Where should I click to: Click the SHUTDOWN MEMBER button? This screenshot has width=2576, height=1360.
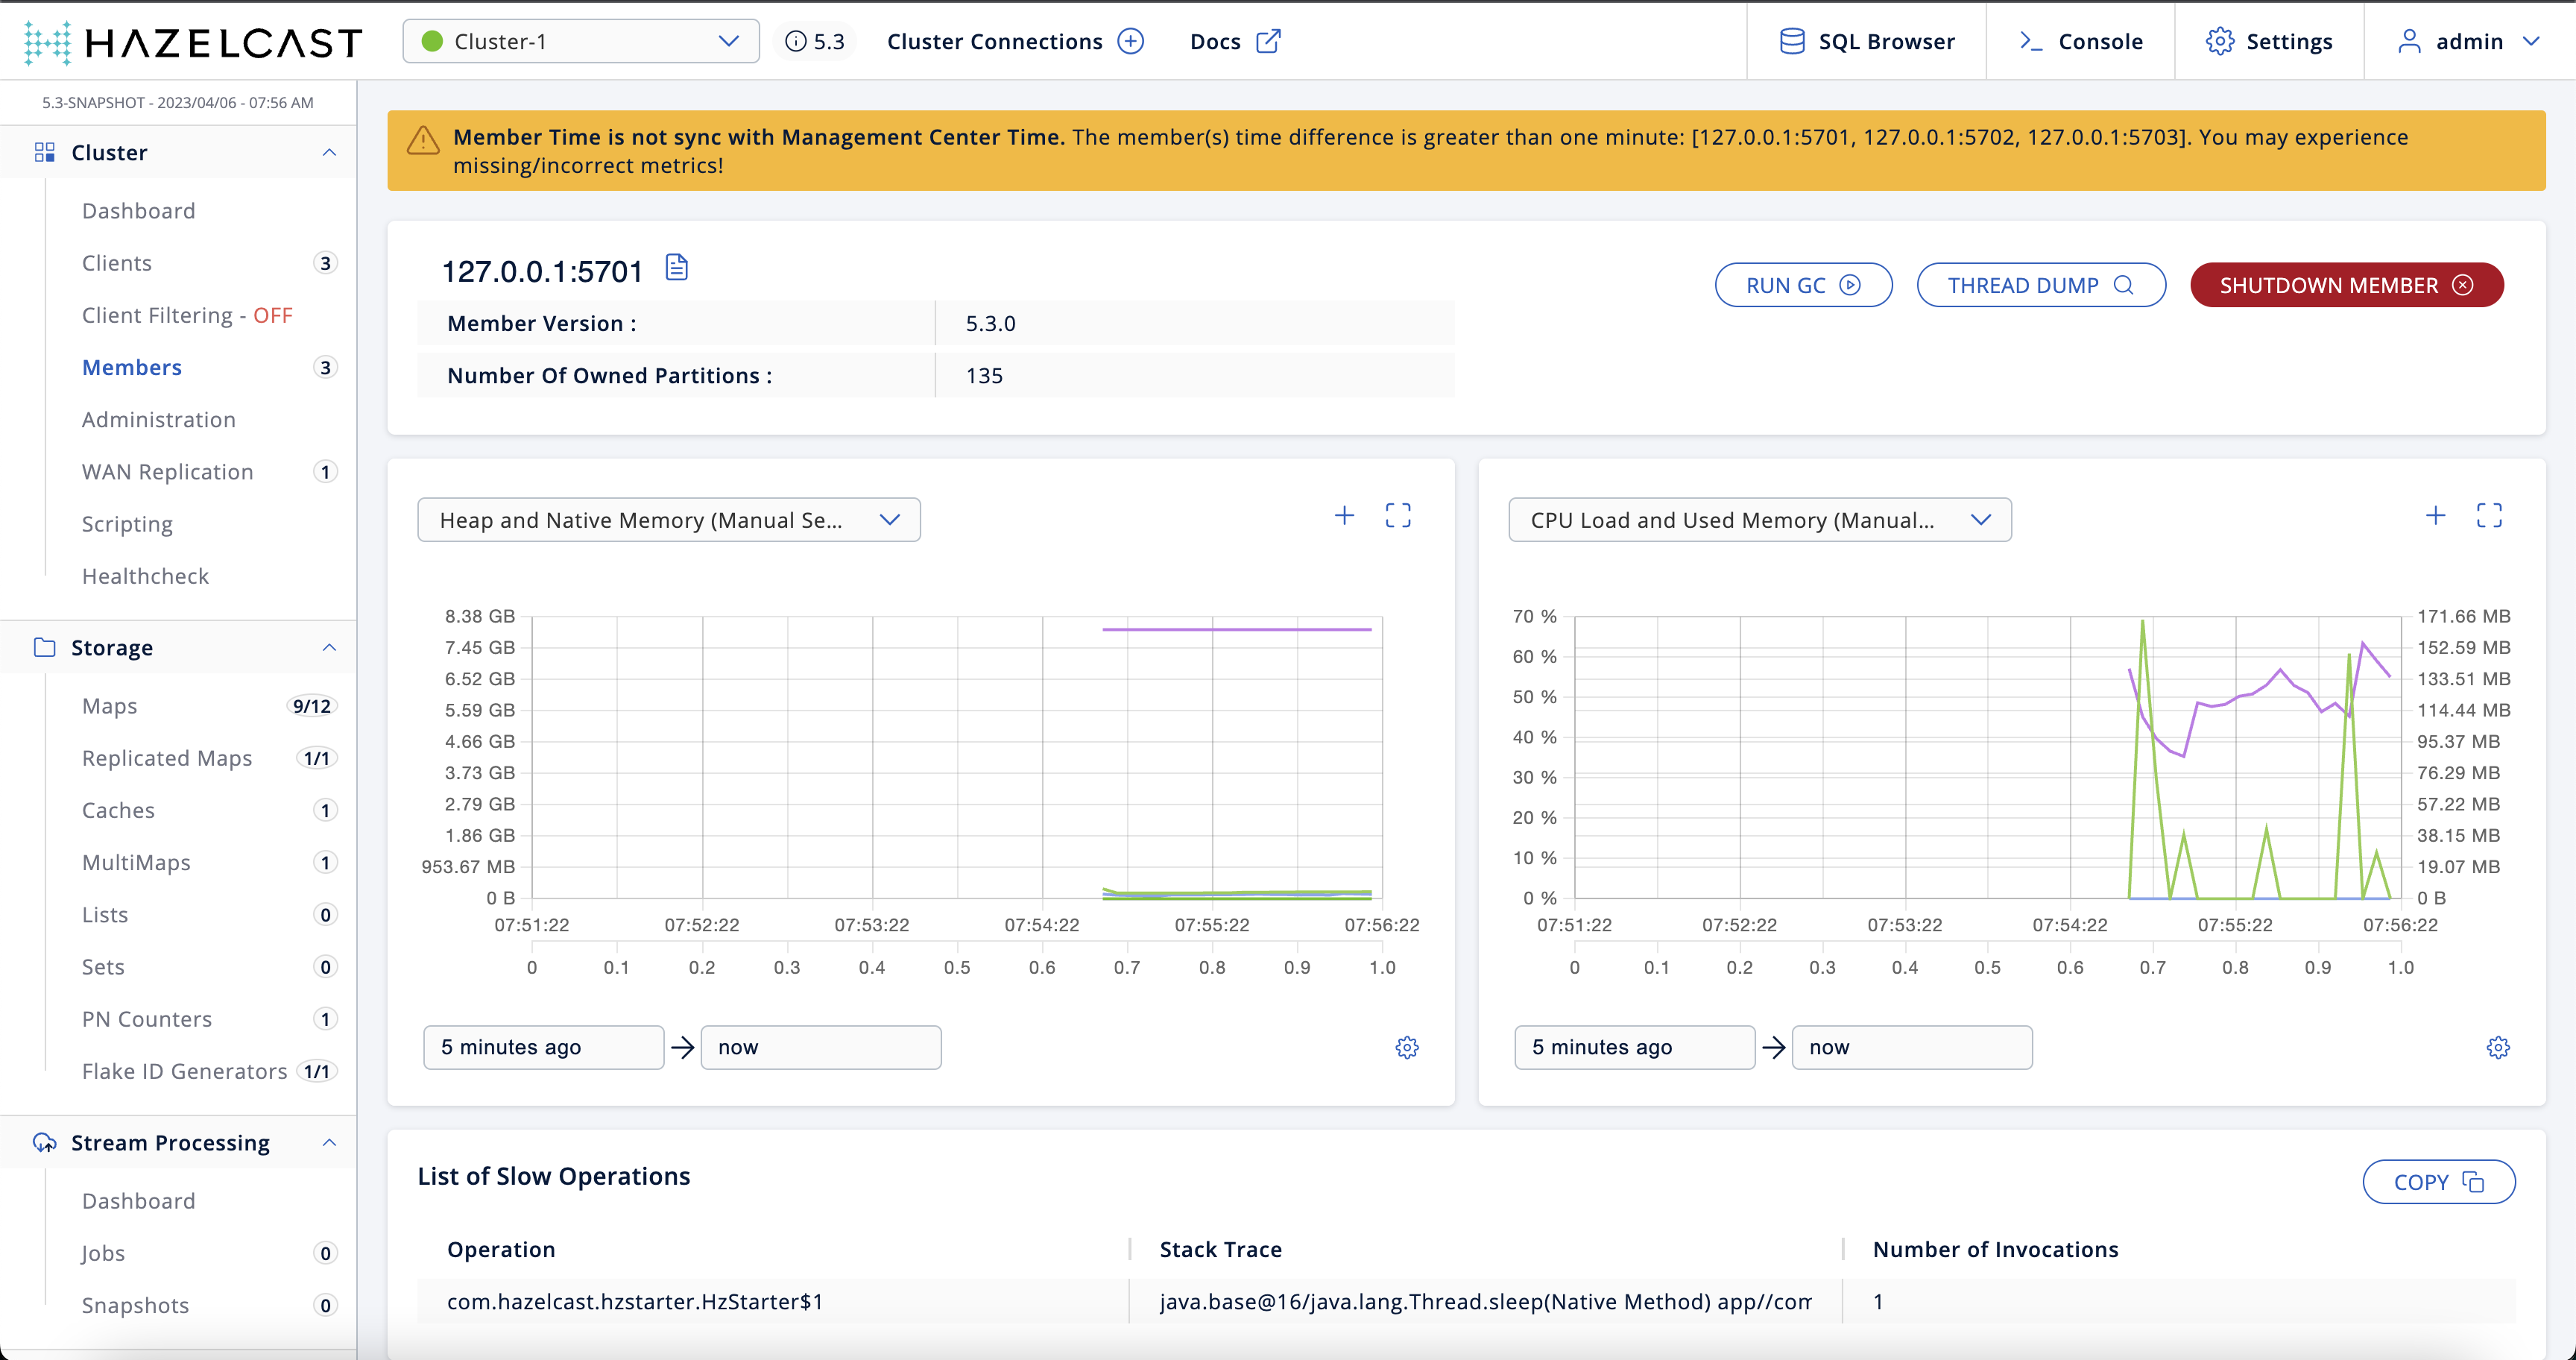point(2346,285)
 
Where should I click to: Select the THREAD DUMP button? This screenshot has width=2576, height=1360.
point(2040,285)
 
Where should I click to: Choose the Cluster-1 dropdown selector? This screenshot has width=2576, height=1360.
point(580,41)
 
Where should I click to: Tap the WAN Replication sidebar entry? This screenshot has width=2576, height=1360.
point(167,472)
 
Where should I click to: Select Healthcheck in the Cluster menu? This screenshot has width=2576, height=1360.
point(145,576)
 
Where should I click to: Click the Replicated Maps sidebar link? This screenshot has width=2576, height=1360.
point(166,758)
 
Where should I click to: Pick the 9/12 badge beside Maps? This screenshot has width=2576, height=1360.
point(311,706)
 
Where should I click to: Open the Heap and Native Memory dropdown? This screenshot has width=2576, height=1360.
point(668,520)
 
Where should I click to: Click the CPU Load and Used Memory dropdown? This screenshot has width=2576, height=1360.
point(1759,520)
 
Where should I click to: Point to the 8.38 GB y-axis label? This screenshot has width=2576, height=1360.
point(480,616)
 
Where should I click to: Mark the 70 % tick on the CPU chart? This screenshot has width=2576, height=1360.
point(1534,616)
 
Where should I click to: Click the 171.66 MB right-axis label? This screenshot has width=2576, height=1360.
point(2463,616)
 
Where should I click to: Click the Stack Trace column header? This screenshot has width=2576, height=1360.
point(1220,1249)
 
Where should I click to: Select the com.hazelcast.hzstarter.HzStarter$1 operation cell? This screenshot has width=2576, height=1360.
point(635,1301)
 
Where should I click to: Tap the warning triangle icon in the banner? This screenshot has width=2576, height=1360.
point(423,141)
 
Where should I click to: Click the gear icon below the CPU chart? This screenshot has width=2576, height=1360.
point(2497,1047)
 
